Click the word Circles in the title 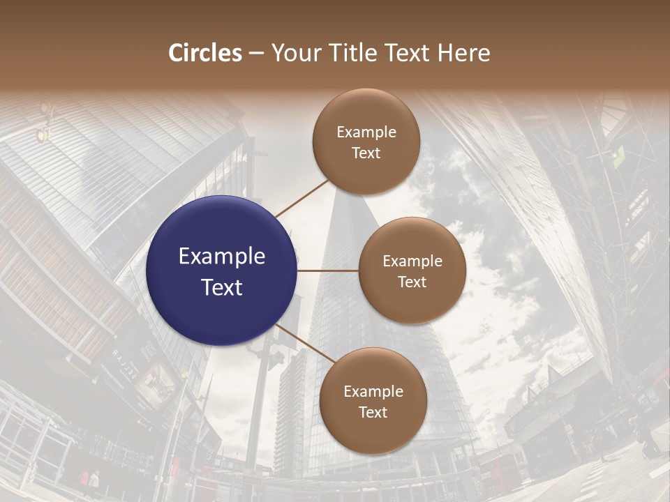coord(204,53)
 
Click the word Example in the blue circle coord(222,257)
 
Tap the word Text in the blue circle coord(222,287)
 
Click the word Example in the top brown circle coord(366,132)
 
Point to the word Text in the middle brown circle coord(412,282)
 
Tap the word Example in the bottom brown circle coord(373,392)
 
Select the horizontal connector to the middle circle coord(328,271)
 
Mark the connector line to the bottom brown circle coord(306,347)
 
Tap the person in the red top coord(84,480)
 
